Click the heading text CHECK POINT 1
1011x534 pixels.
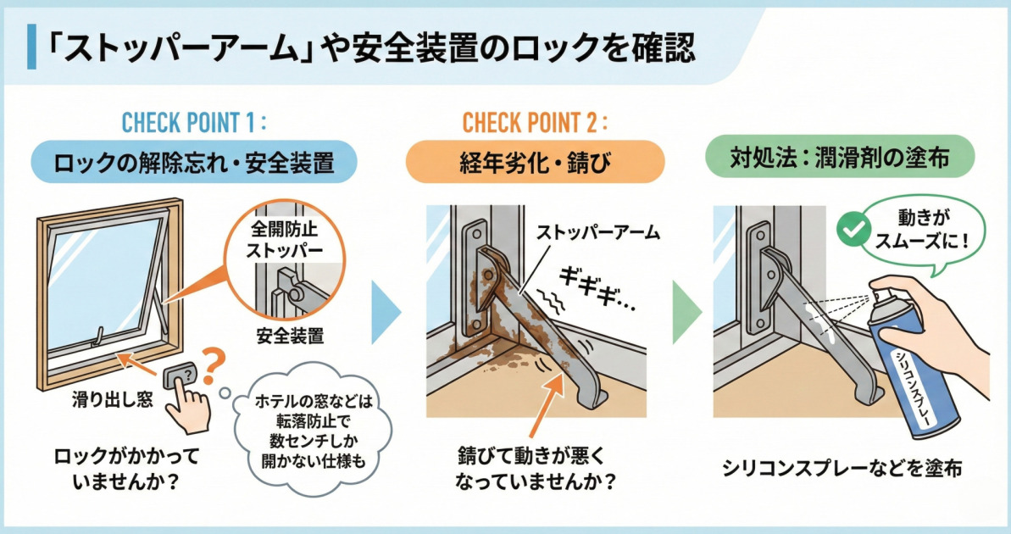click(x=194, y=122)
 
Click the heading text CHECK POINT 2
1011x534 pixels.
click(x=535, y=122)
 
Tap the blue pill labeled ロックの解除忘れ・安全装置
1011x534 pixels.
click(x=194, y=161)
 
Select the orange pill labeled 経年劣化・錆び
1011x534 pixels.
click(x=535, y=161)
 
